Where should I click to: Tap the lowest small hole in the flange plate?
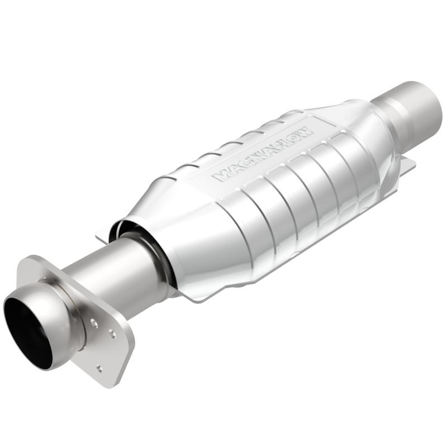click(x=99, y=367)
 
